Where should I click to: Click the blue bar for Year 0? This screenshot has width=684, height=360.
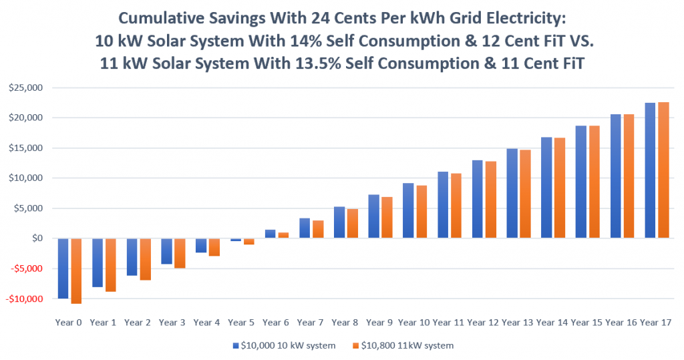[x=63, y=268]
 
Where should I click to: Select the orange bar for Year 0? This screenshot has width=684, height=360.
[x=76, y=271]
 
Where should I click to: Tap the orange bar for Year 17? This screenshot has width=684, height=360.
[x=663, y=170]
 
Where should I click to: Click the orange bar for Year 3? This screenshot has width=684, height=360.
[x=180, y=253]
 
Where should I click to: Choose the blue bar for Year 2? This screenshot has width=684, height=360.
[x=132, y=257]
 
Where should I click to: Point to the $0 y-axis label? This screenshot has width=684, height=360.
[x=37, y=238]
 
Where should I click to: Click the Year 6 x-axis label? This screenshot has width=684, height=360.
[x=276, y=323]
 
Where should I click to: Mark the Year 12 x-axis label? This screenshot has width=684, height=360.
[x=483, y=323]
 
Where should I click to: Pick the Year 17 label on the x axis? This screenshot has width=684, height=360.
[x=655, y=323]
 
